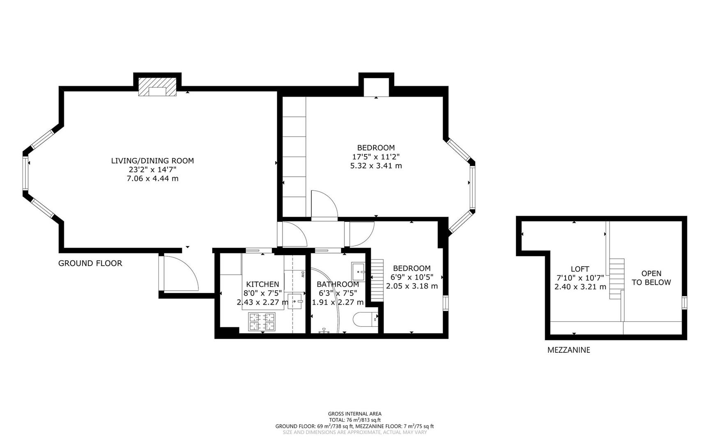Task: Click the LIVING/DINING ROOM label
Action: [152, 161]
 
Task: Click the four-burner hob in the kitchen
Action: [262, 322]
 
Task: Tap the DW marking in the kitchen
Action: [303, 274]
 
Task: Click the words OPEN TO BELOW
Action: [651, 278]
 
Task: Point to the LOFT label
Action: [580, 269]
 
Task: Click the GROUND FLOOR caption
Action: [90, 264]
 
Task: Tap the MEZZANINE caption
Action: [568, 350]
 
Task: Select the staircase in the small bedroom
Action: [377, 280]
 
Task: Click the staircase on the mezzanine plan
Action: [616, 279]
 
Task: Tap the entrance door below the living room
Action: [179, 273]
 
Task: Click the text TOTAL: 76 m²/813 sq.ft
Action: [355, 420]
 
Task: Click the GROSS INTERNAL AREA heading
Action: [355, 414]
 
